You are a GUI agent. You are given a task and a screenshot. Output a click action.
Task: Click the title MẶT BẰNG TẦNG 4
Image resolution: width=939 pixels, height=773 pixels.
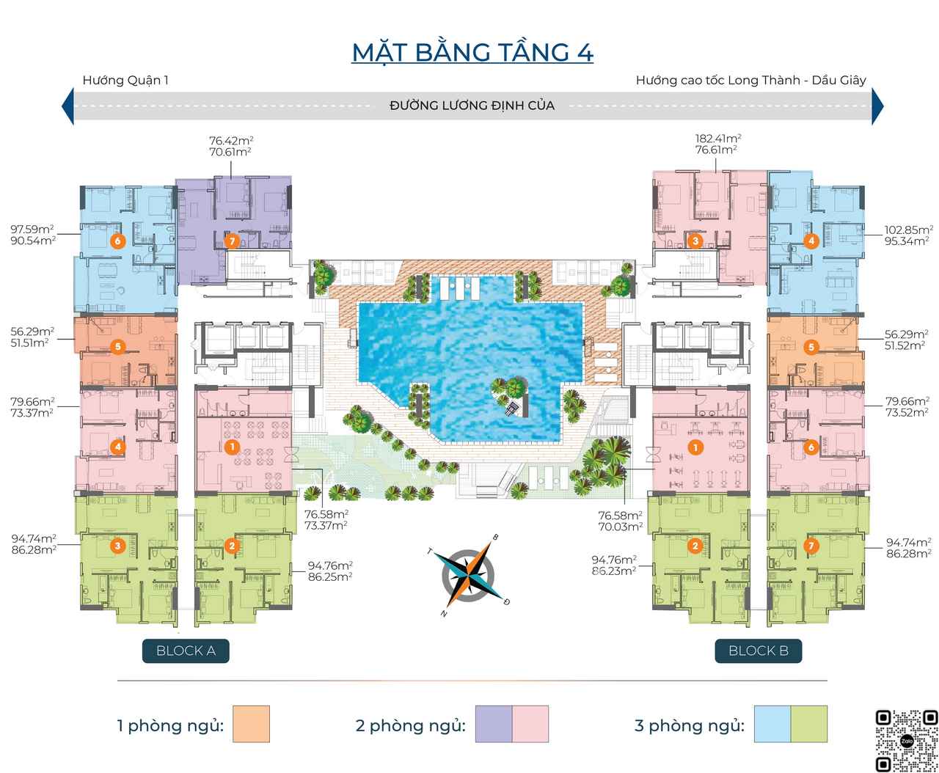(472, 53)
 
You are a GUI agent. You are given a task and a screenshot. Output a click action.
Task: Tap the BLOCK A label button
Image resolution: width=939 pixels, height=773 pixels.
(186, 651)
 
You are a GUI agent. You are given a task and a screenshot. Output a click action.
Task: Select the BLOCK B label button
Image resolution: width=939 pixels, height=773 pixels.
(759, 651)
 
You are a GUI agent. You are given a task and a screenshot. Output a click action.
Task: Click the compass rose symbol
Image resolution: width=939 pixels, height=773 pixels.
(468, 575)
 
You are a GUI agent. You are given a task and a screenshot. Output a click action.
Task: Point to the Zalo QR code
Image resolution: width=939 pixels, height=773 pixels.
(906, 741)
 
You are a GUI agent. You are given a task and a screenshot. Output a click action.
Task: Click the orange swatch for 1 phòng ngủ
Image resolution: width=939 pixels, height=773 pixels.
(252, 724)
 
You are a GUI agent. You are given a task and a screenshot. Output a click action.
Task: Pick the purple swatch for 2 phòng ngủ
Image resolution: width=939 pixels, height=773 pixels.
(494, 724)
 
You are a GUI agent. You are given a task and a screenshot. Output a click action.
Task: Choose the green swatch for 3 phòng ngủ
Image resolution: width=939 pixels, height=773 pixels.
(809, 724)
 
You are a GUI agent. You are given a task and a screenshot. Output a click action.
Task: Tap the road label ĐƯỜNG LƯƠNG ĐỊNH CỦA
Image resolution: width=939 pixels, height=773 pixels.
(472, 106)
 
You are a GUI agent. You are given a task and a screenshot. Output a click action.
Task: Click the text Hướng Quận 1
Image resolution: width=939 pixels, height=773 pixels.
(125, 80)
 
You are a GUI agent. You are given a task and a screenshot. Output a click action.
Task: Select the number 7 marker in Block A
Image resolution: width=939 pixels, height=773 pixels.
(232, 241)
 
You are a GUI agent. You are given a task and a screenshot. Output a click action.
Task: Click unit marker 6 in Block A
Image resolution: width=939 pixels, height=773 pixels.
(117, 241)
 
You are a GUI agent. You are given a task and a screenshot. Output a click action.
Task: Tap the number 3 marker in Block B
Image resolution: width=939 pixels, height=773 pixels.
(695, 241)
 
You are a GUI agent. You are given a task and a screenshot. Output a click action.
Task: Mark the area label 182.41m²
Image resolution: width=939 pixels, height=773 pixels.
(717, 139)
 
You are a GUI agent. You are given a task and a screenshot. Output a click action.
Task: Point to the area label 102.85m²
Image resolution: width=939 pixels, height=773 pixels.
(908, 230)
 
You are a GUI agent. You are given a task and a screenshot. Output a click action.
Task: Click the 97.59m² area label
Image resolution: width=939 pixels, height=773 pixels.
(32, 230)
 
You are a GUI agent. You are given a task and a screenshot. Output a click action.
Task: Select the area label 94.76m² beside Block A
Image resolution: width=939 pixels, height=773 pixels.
(330, 565)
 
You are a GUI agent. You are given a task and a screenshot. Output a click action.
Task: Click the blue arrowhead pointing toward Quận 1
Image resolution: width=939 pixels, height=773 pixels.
(68, 106)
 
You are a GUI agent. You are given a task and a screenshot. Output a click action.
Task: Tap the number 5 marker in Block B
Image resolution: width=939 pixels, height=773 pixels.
(811, 347)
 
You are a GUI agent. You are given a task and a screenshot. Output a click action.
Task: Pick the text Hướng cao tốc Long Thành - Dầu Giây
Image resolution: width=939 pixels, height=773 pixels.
(751, 80)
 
